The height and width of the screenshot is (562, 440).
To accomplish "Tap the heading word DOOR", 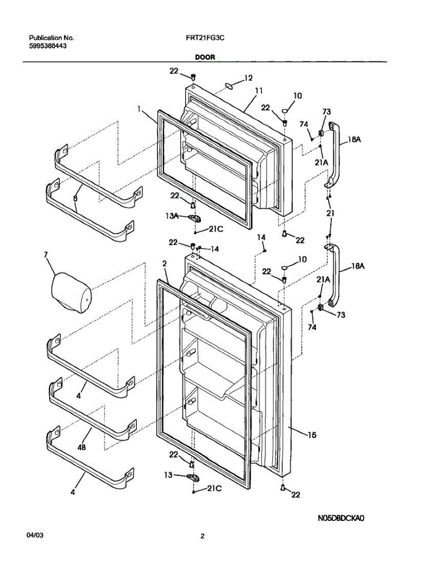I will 205,57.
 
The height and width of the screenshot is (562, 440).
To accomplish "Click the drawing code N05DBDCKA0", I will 341,518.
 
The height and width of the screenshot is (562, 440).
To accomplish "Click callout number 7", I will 45,255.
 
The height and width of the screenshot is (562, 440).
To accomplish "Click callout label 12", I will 248,78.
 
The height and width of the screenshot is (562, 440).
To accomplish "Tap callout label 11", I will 258,91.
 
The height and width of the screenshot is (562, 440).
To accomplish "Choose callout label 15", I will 312,435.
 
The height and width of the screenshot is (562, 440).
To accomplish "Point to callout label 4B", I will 82,447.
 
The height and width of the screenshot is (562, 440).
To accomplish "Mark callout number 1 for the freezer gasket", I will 139,109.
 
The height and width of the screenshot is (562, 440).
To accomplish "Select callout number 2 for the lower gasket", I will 164,264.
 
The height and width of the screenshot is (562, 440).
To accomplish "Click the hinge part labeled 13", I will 193,477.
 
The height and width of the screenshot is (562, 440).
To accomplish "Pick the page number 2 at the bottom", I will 202,537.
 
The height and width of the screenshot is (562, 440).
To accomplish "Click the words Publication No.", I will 52,38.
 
